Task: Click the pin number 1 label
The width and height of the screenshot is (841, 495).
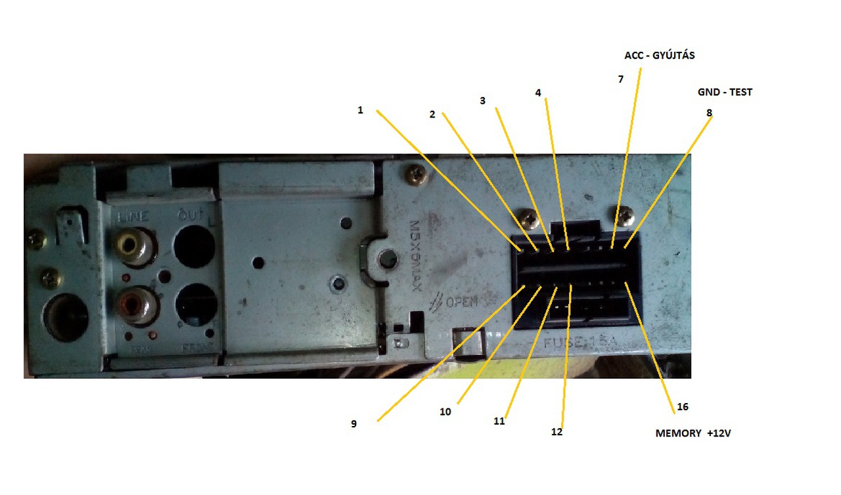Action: click(360, 110)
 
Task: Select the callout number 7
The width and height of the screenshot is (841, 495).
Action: click(620, 79)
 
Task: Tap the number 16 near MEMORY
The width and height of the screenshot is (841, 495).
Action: click(683, 407)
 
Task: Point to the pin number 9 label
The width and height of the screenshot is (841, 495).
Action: click(353, 424)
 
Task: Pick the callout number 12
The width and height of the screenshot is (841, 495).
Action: click(557, 432)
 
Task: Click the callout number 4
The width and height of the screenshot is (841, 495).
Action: click(538, 93)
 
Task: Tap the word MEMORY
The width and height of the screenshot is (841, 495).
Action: click(678, 434)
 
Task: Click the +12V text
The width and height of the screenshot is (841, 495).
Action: click(719, 434)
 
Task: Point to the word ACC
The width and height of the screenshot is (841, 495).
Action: click(634, 56)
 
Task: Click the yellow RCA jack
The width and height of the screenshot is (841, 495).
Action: click(135, 246)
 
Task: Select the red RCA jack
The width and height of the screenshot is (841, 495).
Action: click(135, 305)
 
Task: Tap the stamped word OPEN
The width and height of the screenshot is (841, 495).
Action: click(461, 302)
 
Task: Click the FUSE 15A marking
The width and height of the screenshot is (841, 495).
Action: click(578, 343)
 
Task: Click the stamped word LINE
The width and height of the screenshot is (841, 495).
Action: click(133, 217)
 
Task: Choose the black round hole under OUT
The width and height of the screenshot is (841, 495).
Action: click(194, 246)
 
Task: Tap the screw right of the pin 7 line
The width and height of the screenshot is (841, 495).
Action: click(626, 215)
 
